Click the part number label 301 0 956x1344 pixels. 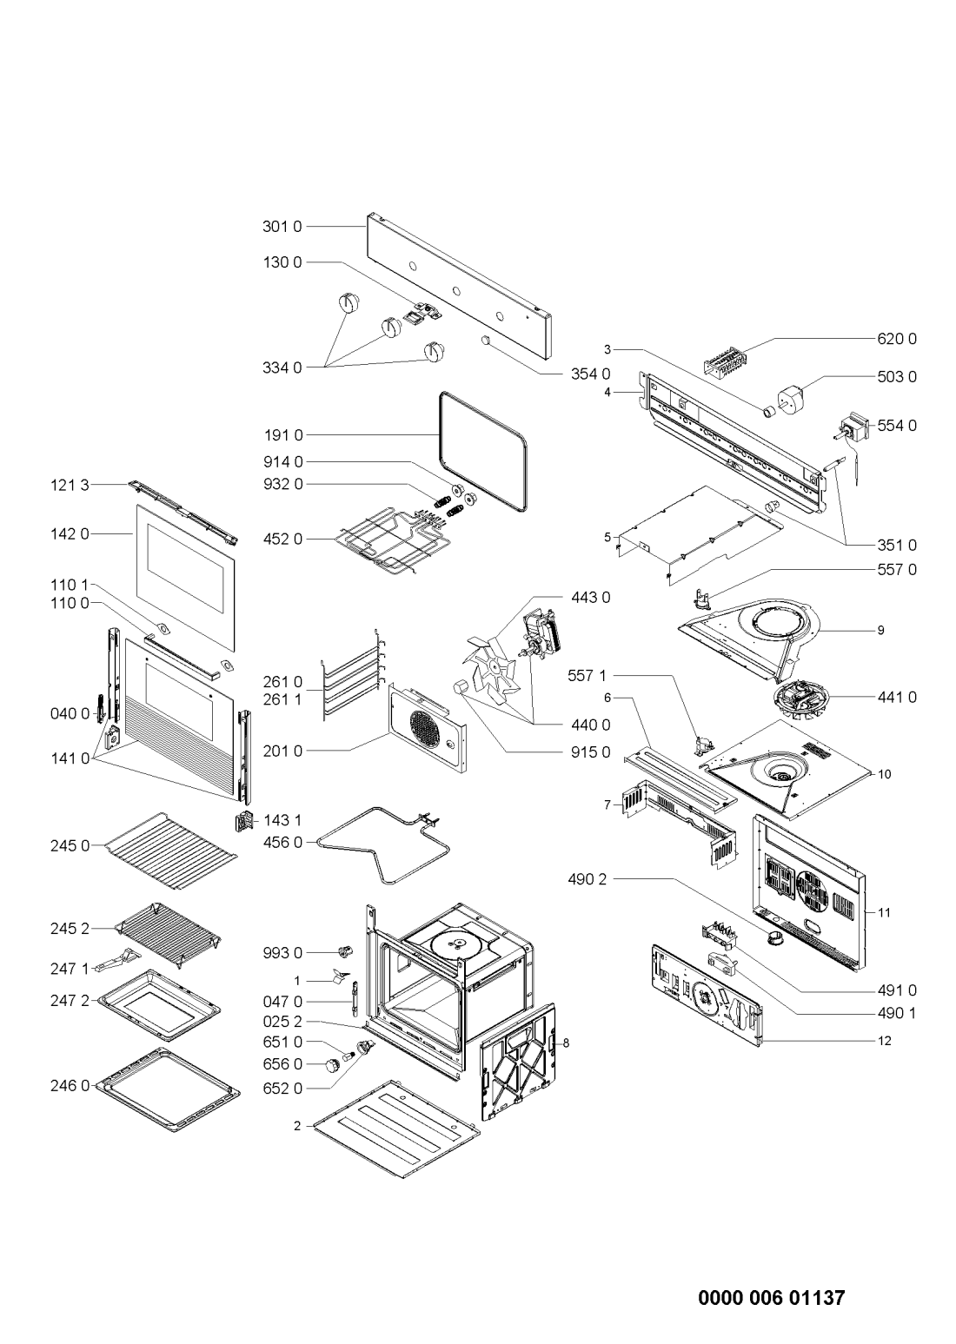click(282, 228)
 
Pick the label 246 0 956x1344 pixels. click(70, 1085)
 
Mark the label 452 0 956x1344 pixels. click(282, 539)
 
